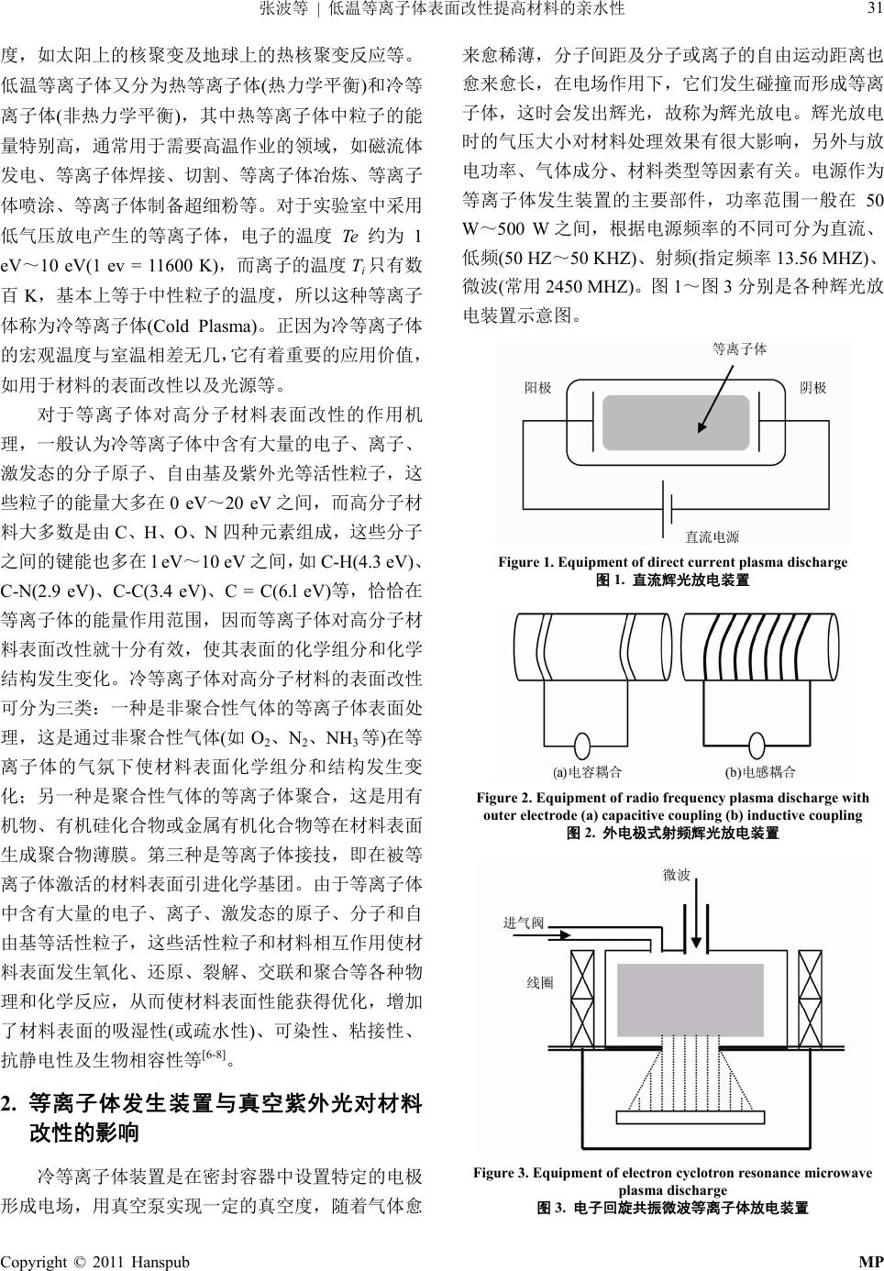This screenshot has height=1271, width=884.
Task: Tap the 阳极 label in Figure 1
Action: point(538,388)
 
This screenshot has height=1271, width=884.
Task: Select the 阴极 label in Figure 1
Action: point(812,388)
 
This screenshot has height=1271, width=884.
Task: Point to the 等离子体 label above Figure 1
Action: point(739,349)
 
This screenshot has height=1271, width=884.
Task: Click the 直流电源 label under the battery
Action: point(712,536)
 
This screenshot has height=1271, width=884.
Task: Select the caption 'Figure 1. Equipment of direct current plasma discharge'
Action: point(672,562)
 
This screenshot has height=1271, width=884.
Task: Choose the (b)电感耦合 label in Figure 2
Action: point(760,772)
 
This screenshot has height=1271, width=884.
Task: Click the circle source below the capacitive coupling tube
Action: point(583,745)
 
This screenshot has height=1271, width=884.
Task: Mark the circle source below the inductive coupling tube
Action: point(761,745)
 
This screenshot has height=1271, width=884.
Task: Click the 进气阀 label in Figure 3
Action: point(524,923)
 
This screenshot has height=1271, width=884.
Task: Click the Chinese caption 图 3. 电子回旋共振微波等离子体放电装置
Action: point(672,1209)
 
